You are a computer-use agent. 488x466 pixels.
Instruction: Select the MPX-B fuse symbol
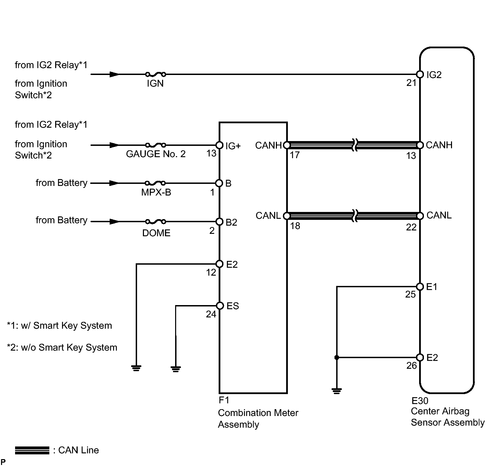click(155, 183)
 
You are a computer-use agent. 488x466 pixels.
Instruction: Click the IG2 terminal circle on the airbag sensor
click(420, 74)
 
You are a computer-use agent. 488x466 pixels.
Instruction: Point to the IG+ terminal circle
click(219, 145)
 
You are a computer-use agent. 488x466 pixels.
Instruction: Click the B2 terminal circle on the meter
click(219, 222)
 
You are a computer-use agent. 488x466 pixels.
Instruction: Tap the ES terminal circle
click(220, 306)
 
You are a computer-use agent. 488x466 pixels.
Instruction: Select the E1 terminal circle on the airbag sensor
click(420, 286)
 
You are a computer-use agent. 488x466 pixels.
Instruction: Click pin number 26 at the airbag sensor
click(412, 366)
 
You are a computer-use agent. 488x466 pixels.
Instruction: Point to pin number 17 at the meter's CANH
click(295, 155)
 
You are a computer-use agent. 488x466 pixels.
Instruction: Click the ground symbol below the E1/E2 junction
click(337, 391)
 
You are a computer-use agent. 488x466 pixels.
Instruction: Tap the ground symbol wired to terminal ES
click(175, 369)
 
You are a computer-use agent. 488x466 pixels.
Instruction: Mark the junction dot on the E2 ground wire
click(337, 357)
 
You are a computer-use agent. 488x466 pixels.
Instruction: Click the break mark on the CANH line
click(355, 145)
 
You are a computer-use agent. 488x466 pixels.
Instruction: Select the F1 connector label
click(224, 400)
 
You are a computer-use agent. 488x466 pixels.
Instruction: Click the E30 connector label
click(420, 401)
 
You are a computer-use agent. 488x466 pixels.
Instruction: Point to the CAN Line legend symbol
click(32, 450)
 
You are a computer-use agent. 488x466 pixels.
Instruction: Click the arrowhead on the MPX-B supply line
click(114, 183)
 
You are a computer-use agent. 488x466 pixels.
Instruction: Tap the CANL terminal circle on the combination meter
click(286, 216)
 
